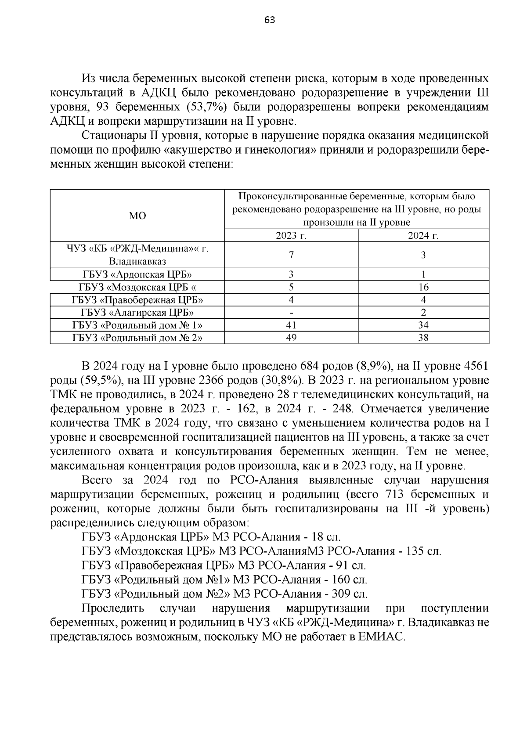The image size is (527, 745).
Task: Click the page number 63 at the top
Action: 270,20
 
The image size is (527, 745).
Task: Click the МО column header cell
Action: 137,216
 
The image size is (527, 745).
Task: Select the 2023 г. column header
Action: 291,236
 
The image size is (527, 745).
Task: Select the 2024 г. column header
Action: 423,236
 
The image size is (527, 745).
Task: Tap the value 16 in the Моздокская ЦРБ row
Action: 423,288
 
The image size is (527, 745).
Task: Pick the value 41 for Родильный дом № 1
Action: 291,325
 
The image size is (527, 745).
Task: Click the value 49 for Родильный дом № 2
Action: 291,338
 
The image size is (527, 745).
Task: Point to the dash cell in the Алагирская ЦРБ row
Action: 291,313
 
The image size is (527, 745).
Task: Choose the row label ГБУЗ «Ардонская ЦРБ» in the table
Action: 137,275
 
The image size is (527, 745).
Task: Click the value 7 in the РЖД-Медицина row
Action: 291,255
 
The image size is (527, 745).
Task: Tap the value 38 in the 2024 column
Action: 423,338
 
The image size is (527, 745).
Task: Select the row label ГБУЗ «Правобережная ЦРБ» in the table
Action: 137,300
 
